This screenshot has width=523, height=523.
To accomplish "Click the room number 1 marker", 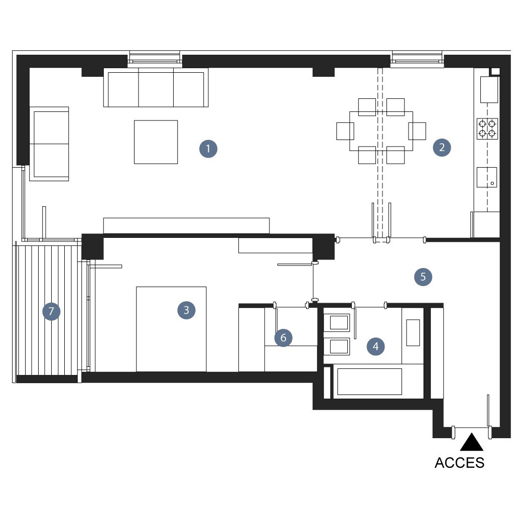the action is (x=208, y=149).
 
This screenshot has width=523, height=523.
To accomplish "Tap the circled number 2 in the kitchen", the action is (x=442, y=148).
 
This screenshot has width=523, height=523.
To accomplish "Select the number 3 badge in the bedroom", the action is (x=186, y=310).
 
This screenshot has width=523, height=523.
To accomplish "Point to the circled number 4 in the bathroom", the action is (x=375, y=346).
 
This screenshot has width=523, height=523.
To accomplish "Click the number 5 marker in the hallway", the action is (x=423, y=277).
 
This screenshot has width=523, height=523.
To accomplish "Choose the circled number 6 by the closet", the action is (x=283, y=338).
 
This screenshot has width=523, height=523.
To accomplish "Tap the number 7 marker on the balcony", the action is (x=51, y=312).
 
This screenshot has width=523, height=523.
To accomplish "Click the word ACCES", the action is (x=459, y=463).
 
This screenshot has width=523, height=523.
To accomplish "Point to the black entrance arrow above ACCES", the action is (x=472, y=443).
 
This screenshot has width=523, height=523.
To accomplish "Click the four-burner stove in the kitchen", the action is (x=487, y=129).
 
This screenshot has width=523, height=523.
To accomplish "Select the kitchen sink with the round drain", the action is (x=487, y=177).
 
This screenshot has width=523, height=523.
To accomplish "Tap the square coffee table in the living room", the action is (x=156, y=142).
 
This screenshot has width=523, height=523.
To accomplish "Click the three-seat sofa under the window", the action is (x=156, y=87).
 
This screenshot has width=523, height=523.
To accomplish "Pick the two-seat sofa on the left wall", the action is (x=49, y=144).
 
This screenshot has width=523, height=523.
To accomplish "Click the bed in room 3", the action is (x=171, y=329).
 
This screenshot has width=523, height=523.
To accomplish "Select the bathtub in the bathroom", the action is (x=369, y=381).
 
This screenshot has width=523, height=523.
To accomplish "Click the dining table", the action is (x=381, y=131).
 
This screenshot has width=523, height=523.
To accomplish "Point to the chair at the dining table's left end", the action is (x=345, y=131).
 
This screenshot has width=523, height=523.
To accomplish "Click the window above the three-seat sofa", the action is (x=155, y=59).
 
